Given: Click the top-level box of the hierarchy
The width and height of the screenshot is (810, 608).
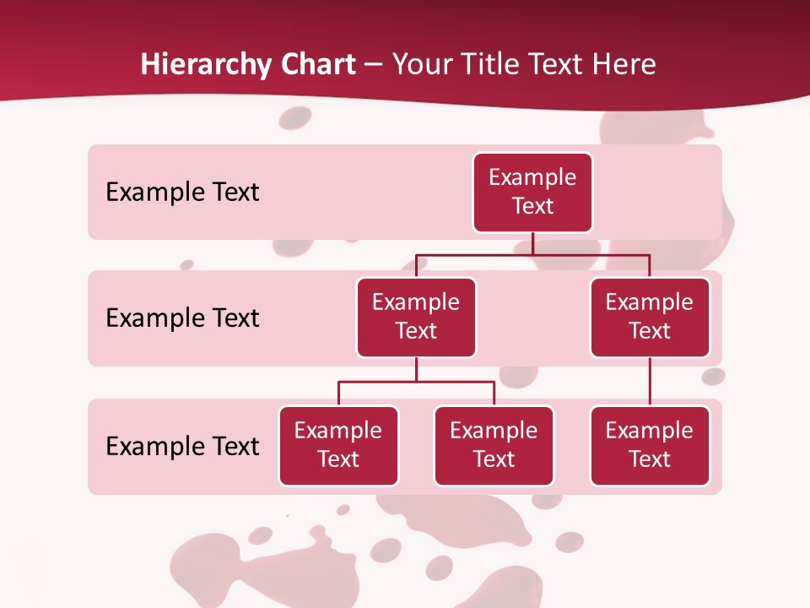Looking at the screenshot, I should [532, 193].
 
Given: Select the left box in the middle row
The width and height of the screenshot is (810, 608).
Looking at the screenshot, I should [416, 318].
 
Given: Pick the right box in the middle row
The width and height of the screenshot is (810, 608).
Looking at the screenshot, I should [650, 318].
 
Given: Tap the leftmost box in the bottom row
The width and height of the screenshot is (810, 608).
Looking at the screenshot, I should [338, 446].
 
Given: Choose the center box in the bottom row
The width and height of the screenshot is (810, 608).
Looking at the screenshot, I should [494, 446].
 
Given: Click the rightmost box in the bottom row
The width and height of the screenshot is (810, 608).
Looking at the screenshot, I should [650, 446].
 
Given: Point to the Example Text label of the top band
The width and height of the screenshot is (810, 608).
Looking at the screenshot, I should [182, 193].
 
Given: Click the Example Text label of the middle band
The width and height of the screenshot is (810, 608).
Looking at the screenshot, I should [182, 318].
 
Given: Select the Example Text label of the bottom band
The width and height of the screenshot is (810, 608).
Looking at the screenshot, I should [182, 447].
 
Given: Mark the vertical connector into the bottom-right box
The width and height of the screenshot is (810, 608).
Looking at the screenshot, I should [650, 382].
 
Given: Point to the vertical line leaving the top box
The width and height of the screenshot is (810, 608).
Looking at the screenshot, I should [532, 243].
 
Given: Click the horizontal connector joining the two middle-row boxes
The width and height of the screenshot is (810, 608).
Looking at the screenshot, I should [532, 254].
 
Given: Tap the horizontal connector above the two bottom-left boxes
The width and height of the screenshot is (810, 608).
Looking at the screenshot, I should [416, 382].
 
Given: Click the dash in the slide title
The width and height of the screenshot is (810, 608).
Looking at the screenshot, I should [373, 65].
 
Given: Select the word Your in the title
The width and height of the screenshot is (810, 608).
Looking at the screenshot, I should [420, 65].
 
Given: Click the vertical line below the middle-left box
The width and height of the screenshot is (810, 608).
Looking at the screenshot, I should [416, 369].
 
